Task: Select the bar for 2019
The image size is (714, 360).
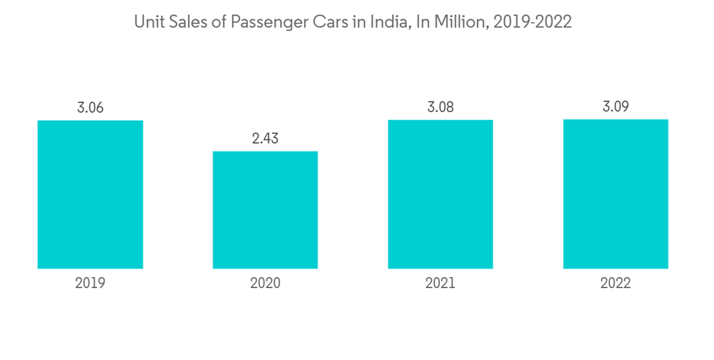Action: tap(90, 194)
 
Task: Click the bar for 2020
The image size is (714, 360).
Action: tap(265, 210)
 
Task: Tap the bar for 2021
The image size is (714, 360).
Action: tap(441, 194)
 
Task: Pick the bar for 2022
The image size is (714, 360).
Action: tap(615, 194)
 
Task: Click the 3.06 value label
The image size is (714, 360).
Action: tap(90, 108)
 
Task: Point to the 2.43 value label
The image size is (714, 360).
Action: tap(265, 139)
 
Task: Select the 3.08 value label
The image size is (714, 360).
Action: tap(441, 107)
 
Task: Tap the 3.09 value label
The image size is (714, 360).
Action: tap(615, 107)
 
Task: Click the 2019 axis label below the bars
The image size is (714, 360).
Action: tap(90, 284)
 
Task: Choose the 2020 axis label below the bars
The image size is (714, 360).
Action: tap(265, 284)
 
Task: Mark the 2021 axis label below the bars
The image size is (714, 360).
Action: tap(441, 284)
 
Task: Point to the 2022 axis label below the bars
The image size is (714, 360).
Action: tap(615, 284)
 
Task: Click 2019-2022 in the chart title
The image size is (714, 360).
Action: tap(533, 23)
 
